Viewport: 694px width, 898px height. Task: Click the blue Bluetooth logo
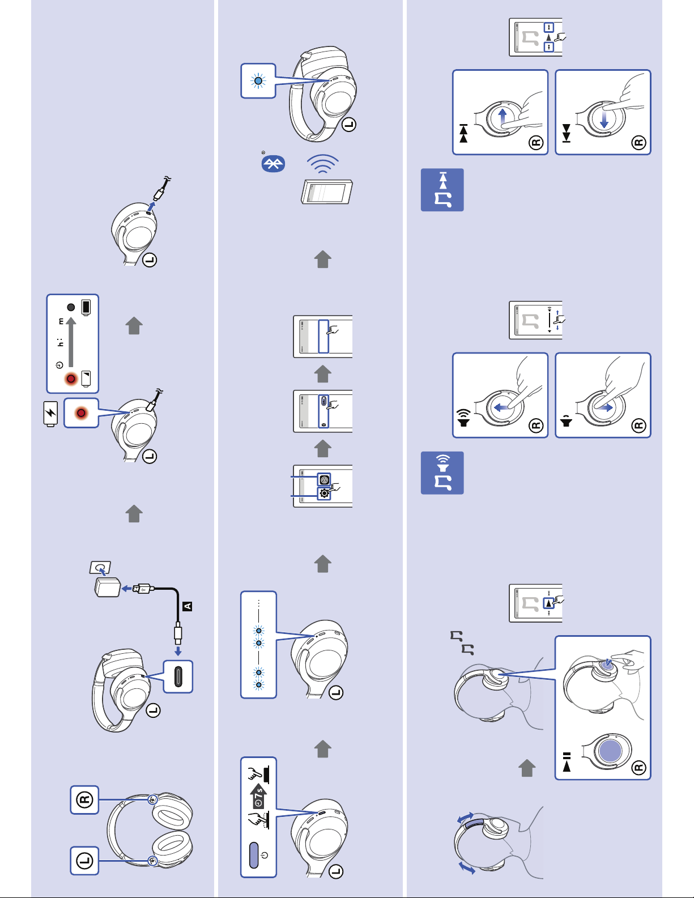click(273, 164)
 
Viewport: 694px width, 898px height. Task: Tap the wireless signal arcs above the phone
click(323, 166)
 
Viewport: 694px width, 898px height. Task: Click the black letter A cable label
click(188, 606)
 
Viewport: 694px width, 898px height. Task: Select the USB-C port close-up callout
click(178, 676)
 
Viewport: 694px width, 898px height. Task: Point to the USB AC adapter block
click(107, 588)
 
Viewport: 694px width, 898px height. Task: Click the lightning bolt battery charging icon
click(51, 413)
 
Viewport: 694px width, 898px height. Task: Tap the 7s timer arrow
click(258, 797)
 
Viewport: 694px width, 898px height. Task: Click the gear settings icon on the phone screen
click(324, 493)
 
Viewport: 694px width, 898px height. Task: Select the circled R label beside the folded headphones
click(84, 800)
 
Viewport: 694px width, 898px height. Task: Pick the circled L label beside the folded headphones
click(84, 861)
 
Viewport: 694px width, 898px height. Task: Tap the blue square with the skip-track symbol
click(442, 190)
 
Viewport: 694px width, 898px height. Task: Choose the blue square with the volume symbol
click(442, 473)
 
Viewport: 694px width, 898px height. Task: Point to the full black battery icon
click(86, 307)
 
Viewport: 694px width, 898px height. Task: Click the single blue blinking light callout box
click(258, 81)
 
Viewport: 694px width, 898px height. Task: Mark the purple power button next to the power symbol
click(254, 855)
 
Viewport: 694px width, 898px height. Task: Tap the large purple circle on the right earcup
click(610, 751)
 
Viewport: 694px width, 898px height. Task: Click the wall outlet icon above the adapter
click(100, 568)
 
